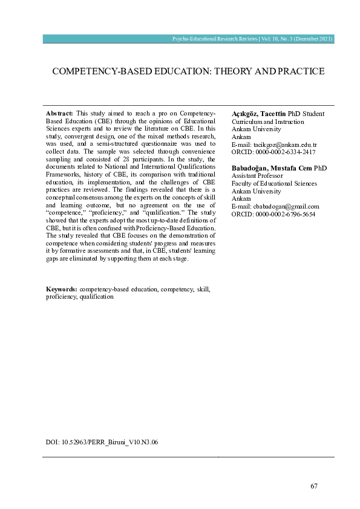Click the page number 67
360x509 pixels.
coord(313,486)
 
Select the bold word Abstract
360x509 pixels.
coord(59,114)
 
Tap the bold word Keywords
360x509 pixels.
coord(61,290)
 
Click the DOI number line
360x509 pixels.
coord(102,443)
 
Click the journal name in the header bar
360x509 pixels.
coord(215,39)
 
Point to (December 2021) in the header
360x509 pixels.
coord(313,39)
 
